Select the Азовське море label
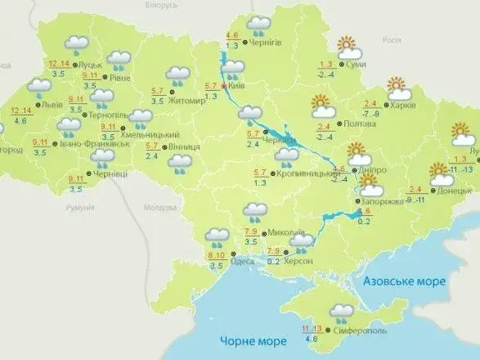(x=405, y=281)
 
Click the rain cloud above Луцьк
(x=78, y=45)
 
